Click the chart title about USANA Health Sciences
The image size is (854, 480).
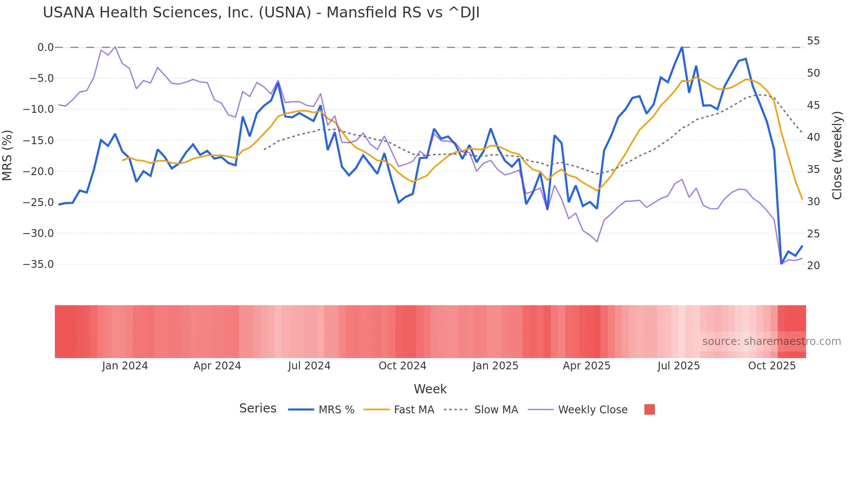261,13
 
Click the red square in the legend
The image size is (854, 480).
649,409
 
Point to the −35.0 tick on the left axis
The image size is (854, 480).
38,264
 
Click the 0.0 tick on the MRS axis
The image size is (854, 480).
45,47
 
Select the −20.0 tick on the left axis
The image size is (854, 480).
38,172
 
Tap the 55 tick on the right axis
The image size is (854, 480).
813,41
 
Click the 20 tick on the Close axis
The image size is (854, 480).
813,266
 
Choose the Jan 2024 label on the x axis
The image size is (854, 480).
125,366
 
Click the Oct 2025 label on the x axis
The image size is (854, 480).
772,366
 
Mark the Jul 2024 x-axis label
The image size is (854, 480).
309,366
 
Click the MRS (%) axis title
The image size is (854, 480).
7,155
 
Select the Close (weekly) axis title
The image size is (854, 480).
837,155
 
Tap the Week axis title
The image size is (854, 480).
430,389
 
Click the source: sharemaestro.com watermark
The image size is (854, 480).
771,341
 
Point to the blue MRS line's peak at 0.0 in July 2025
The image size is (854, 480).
682,47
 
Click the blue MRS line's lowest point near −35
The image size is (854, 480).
781,264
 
